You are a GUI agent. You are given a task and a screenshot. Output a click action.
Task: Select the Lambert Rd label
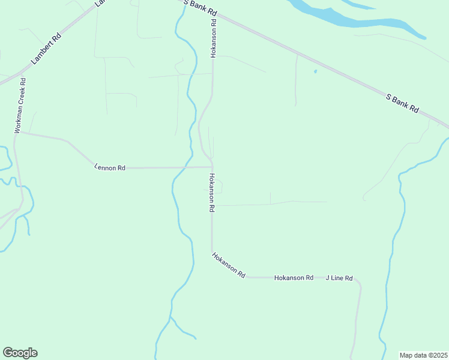[46, 49]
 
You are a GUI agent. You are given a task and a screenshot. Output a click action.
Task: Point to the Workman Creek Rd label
[20, 105]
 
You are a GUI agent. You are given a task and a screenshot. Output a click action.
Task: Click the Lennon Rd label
[110, 168]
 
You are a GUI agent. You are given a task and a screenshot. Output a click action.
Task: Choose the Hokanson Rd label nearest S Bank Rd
[212, 38]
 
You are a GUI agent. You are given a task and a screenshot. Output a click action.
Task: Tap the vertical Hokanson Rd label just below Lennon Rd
[211, 193]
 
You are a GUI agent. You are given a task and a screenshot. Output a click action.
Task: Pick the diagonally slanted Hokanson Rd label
[229, 265]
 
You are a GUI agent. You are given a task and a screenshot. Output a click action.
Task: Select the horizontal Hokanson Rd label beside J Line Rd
[294, 278]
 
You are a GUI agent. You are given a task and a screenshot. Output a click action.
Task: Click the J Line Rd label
[339, 278]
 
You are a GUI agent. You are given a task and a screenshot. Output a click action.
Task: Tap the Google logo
[20, 353]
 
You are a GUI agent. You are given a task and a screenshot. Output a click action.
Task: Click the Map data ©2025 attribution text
[423, 355]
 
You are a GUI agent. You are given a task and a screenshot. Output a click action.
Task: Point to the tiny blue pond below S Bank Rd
[315, 72]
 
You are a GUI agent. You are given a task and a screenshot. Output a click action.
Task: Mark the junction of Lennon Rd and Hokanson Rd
[212, 167]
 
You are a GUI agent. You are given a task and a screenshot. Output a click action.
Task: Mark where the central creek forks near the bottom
[170, 317]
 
